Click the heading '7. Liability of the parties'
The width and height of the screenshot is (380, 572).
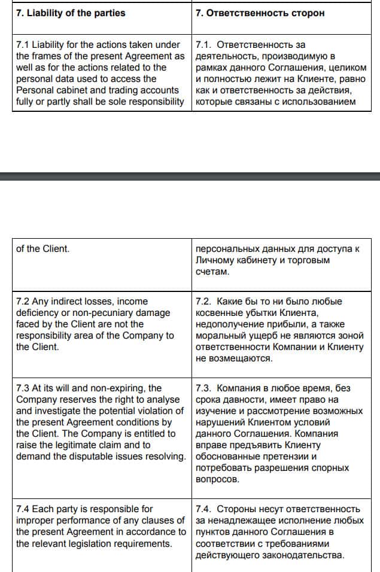71,13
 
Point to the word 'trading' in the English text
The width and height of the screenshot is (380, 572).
124,90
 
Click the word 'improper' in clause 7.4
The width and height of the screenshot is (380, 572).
34,520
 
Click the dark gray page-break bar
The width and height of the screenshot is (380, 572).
190,176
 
